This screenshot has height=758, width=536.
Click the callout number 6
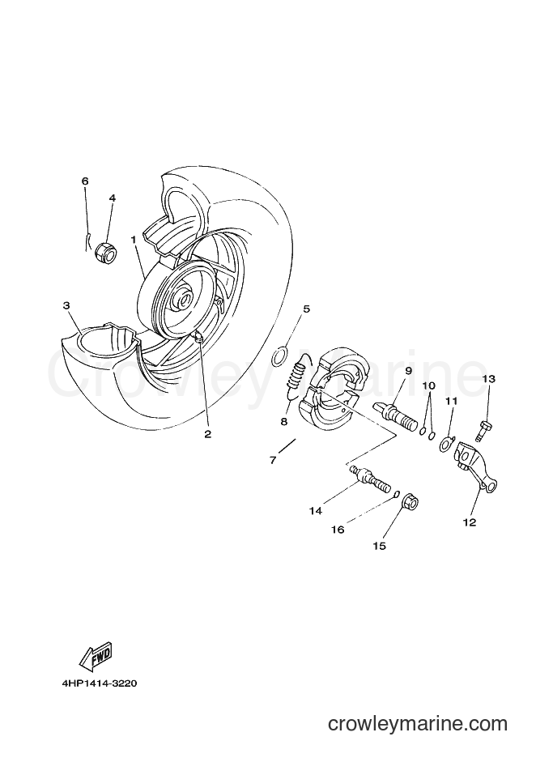point(85,181)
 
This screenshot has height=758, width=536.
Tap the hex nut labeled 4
point(106,253)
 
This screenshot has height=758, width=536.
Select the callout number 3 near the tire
point(66,305)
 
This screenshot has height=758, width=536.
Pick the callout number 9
point(408,371)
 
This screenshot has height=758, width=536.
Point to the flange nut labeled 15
point(410,503)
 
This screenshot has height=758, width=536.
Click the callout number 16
point(338,530)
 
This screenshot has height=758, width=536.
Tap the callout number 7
point(273,460)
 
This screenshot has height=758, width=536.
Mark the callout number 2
point(208,434)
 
